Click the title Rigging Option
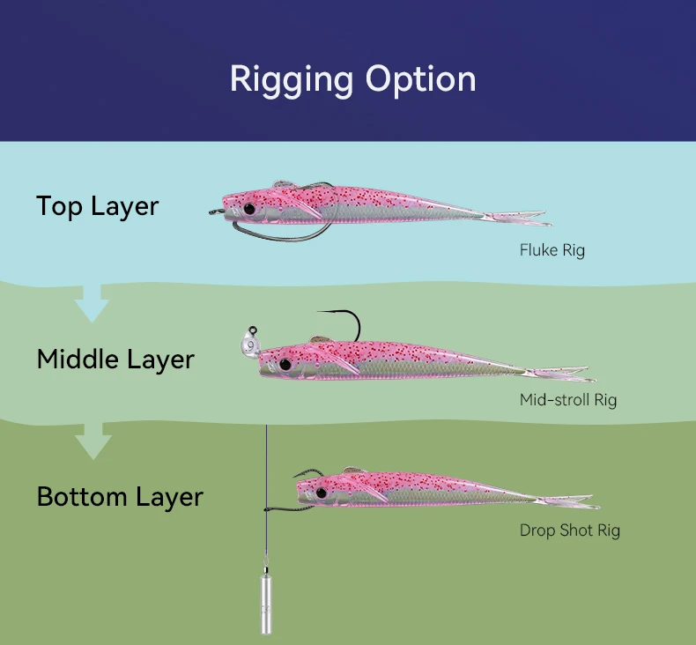coord(353,80)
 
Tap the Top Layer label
coord(97,206)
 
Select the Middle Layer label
coord(115,360)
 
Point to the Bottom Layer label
coord(120,496)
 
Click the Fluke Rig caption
coord(552,250)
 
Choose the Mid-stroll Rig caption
coord(568,400)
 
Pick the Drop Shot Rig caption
coord(569,530)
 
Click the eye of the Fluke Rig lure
coord(249,208)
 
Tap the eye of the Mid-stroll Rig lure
coord(285,365)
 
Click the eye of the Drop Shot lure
coord(322,493)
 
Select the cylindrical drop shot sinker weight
coord(265,604)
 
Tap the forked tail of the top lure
coord(519,218)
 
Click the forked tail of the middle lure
coord(560,374)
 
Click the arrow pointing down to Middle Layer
coord(92,303)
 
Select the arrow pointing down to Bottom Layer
coord(93,441)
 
